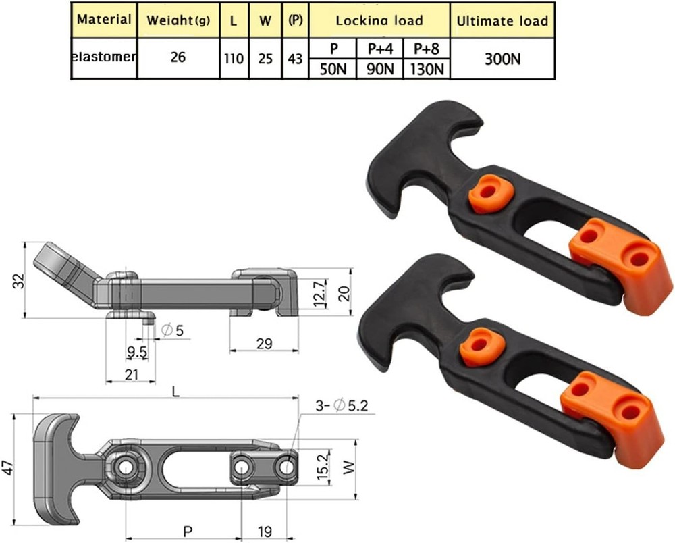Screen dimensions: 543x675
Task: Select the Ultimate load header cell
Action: (502, 20)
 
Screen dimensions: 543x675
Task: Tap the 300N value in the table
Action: (502, 59)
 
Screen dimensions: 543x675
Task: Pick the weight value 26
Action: (178, 58)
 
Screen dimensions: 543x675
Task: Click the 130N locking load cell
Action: (426, 69)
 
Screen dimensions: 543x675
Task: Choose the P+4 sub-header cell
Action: (379, 49)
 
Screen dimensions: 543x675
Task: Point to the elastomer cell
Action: (104, 57)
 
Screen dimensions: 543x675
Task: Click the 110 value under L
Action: (234, 59)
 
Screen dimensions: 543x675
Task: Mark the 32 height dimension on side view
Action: (16, 280)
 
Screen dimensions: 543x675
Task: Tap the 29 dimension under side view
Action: (264, 344)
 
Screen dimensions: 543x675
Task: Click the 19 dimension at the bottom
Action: (265, 532)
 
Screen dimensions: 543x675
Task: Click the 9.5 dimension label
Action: (138, 353)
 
